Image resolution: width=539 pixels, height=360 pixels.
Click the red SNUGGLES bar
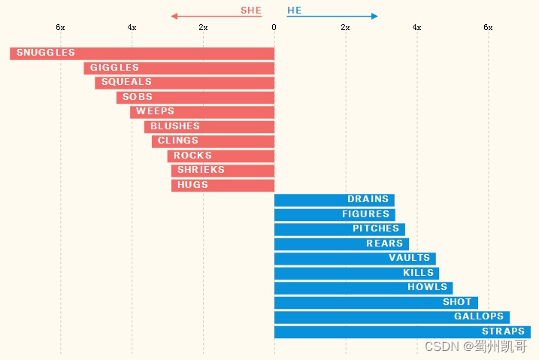click(x=143, y=53)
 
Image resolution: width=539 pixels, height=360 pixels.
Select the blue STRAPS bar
click(x=402, y=332)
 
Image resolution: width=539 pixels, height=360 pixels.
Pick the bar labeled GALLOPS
click(x=391, y=317)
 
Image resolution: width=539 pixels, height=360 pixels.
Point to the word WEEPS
click(x=155, y=111)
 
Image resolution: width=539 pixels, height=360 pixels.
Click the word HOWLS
click(x=427, y=287)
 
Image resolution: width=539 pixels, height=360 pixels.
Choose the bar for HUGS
click(x=223, y=185)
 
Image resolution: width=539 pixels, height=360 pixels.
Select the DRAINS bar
click(x=334, y=200)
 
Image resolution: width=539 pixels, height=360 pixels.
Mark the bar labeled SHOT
click(x=376, y=302)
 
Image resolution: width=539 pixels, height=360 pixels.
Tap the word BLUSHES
click(x=174, y=126)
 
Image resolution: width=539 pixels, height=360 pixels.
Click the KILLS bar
click(x=356, y=273)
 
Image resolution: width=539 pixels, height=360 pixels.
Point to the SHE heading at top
click(x=251, y=11)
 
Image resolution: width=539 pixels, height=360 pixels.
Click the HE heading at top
click(x=294, y=11)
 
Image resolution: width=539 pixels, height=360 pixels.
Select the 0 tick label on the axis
click(x=274, y=27)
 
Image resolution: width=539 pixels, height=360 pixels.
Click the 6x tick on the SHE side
click(x=61, y=27)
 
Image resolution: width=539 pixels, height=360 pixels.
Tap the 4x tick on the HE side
click(x=416, y=27)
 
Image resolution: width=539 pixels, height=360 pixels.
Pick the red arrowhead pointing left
click(x=174, y=16)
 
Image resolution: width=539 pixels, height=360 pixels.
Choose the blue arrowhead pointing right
click(x=374, y=16)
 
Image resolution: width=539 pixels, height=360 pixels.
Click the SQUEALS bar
click(x=184, y=83)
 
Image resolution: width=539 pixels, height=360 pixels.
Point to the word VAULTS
click(x=409, y=258)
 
